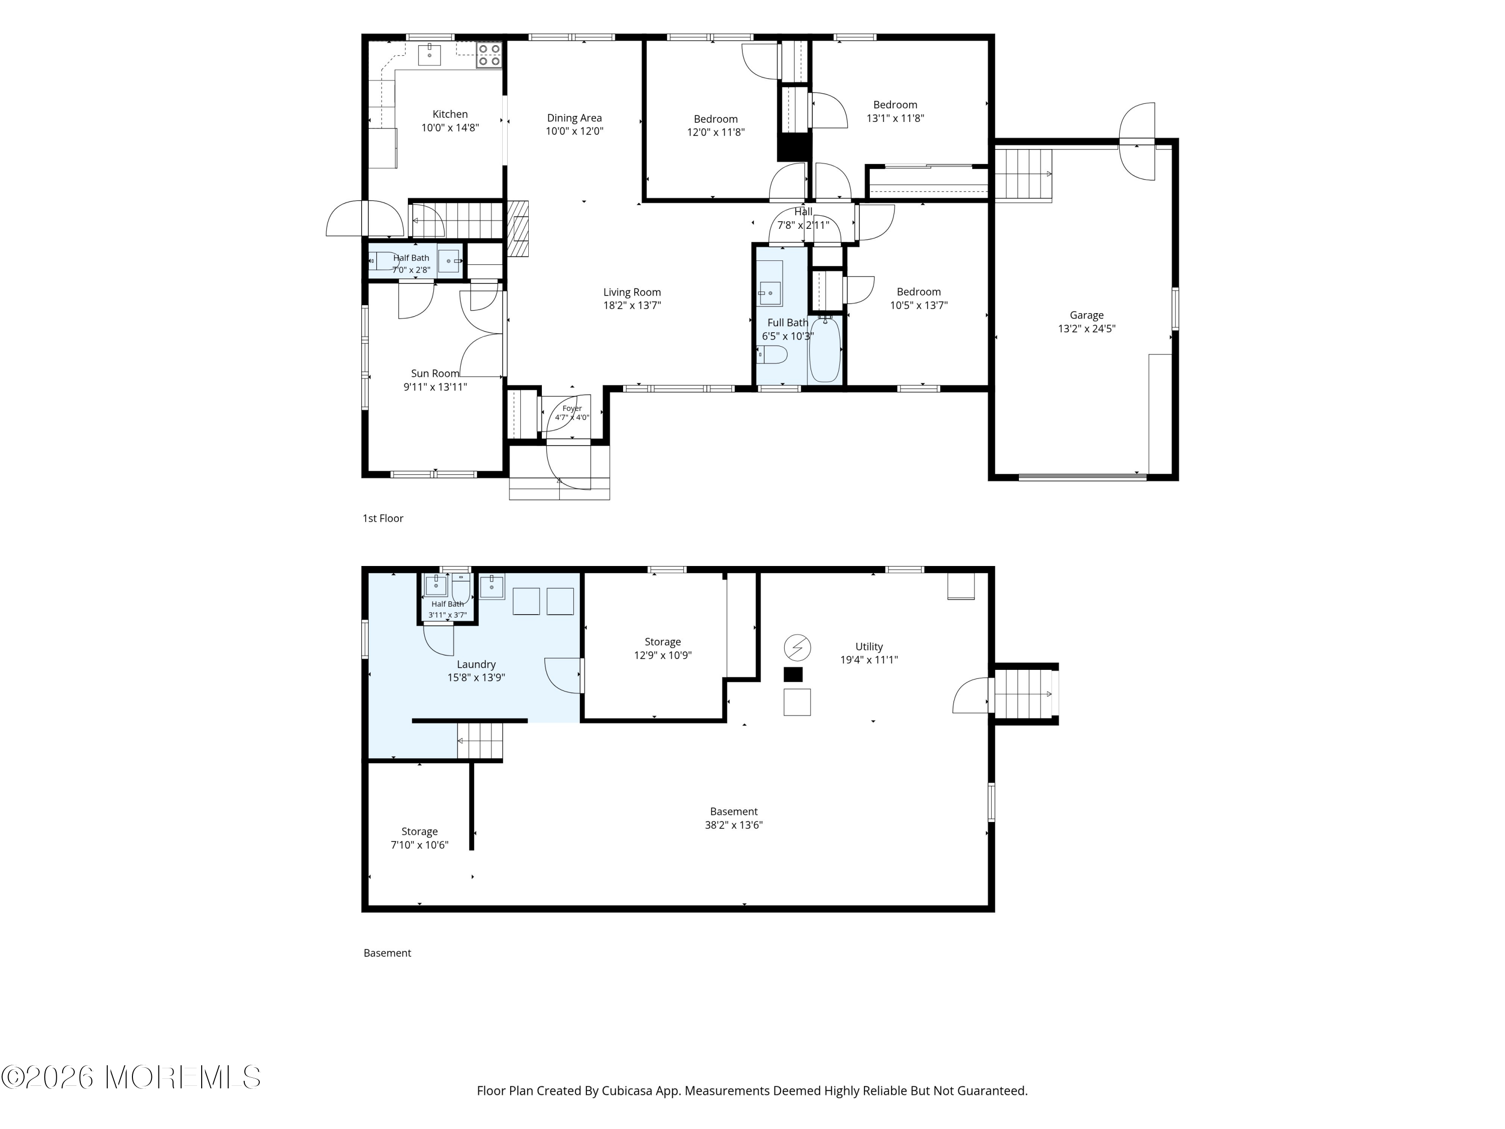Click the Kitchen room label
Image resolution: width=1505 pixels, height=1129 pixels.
[449, 114]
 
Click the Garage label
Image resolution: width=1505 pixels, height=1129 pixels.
[1087, 315]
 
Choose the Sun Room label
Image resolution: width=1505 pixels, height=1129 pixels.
[435, 374]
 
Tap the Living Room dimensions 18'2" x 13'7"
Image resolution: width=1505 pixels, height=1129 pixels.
[632, 306]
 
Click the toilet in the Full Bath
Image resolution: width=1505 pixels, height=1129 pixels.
[772, 355]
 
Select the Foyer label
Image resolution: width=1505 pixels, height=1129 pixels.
[572, 408]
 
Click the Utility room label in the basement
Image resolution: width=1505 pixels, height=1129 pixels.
[869, 646]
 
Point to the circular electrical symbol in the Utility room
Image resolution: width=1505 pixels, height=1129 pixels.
[798, 648]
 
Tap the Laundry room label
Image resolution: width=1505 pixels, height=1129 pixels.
[476, 664]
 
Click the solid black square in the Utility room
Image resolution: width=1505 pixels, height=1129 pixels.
[793, 674]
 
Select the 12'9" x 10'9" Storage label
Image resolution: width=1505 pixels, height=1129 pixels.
[663, 648]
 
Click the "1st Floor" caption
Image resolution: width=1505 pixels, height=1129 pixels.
[383, 518]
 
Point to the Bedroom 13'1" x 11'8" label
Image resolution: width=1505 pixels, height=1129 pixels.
[895, 111]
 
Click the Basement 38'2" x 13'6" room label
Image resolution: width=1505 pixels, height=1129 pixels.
[733, 818]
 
